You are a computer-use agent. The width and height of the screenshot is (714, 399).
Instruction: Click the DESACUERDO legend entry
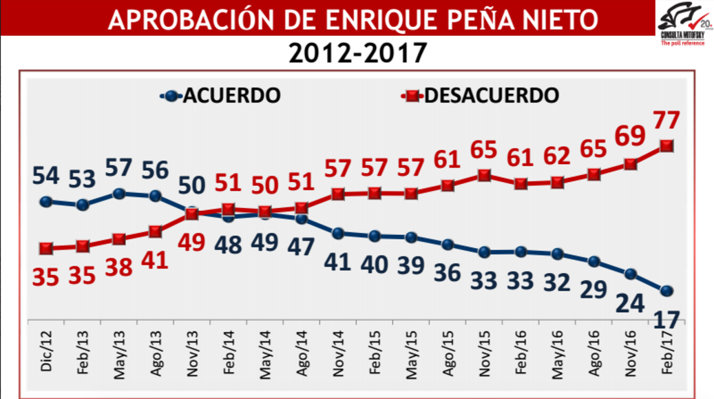tap(480, 94)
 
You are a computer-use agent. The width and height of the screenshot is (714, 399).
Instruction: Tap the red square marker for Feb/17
tap(666, 145)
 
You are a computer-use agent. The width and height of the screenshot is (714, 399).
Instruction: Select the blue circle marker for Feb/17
tap(666, 290)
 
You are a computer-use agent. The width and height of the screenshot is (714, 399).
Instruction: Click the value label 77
tap(667, 119)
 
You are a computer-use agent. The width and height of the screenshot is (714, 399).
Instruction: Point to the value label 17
tap(666, 320)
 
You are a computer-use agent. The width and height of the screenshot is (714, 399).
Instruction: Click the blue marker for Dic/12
tap(46, 201)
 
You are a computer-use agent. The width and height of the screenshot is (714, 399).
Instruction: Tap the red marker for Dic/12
tap(46, 248)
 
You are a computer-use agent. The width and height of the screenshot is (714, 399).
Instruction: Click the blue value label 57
tap(119, 167)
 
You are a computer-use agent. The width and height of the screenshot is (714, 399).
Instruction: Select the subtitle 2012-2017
tap(358, 52)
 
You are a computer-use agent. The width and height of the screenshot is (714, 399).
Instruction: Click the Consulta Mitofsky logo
tap(684, 24)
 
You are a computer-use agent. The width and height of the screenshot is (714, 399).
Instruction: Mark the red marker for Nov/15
tap(484, 175)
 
